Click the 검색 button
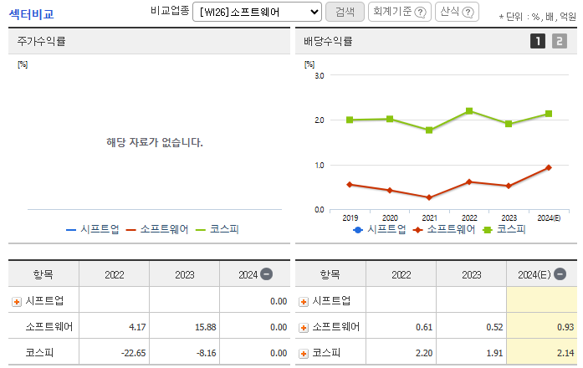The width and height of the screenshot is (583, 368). pyautogui.click(x=345, y=12)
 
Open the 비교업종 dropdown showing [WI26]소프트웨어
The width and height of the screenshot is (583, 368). pyautogui.click(x=257, y=12)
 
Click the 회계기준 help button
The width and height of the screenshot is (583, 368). pyautogui.click(x=400, y=12)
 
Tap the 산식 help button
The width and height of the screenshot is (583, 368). pyautogui.click(x=457, y=12)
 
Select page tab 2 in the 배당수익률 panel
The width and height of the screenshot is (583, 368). pyautogui.click(x=559, y=41)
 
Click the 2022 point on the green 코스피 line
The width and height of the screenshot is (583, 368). pyautogui.click(x=469, y=111)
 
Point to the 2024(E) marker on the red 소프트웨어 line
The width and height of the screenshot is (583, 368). pyautogui.click(x=549, y=167)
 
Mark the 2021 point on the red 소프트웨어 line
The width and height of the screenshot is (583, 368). pyautogui.click(x=429, y=197)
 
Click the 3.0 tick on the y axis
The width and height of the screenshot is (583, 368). pyautogui.click(x=319, y=75)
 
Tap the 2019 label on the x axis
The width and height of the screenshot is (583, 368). pyautogui.click(x=350, y=217)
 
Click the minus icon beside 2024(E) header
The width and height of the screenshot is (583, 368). pyautogui.click(x=560, y=273)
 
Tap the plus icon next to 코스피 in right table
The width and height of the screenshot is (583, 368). pyautogui.click(x=304, y=353)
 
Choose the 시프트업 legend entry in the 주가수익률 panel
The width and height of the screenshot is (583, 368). pyautogui.click(x=93, y=229)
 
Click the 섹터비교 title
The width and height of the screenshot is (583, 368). pyautogui.click(x=31, y=13)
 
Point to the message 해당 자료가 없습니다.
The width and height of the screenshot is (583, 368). pyautogui.click(x=155, y=142)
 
